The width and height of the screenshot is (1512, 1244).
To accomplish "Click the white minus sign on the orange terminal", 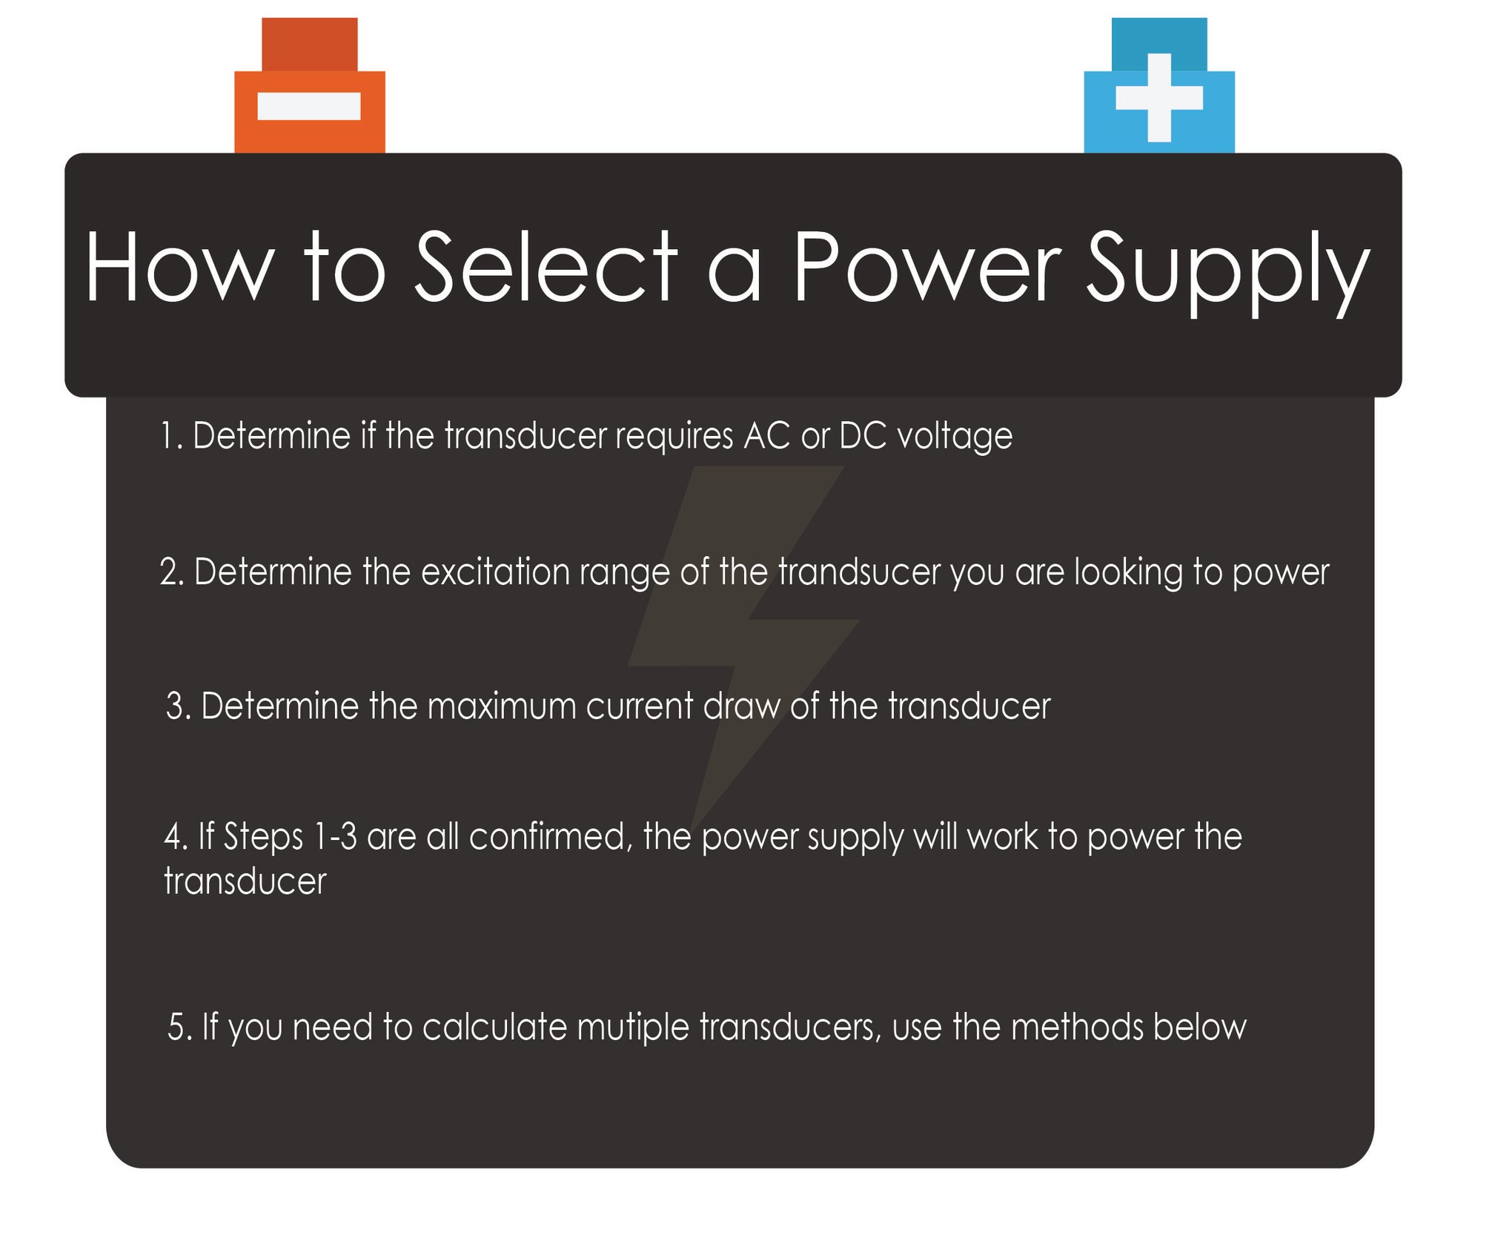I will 309,105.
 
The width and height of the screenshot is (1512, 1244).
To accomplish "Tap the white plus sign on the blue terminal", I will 1159,98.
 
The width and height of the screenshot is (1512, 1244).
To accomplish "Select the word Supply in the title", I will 1227,271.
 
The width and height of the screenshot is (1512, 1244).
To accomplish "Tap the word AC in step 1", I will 767,436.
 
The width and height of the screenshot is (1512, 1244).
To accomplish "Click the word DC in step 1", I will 863,436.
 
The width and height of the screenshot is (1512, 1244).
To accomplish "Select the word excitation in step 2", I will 496,572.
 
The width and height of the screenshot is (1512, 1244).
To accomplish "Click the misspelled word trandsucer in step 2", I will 859,572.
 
